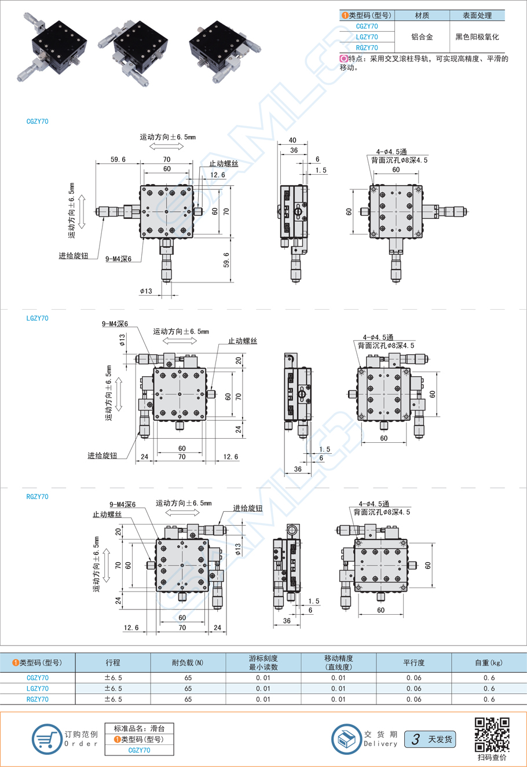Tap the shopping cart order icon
pyautogui.click(x=46, y=739)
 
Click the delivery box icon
pyautogui.click(x=346, y=739)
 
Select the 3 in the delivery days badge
pyautogui.click(x=415, y=739)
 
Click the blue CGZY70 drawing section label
pyautogui.click(x=38, y=122)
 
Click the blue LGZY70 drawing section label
pyautogui.click(x=38, y=318)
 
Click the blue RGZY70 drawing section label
pyautogui.click(x=38, y=497)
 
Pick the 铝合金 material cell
pyautogui.click(x=422, y=37)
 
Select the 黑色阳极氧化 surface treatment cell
pyautogui.click(x=477, y=37)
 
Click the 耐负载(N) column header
pyautogui.click(x=188, y=663)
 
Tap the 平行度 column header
pyautogui.click(x=413, y=663)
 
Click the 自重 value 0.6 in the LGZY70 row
pyautogui.click(x=489, y=688)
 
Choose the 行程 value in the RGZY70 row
pyautogui.click(x=113, y=699)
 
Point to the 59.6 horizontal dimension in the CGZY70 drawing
pyautogui.click(x=118, y=159)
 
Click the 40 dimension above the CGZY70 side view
pyautogui.click(x=292, y=140)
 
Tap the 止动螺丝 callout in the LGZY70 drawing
pyautogui.click(x=242, y=342)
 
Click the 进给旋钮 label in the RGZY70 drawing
pyautogui.click(x=247, y=508)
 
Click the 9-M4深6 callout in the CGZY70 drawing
pyautogui.click(x=118, y=259)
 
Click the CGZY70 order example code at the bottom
pyautogui.click(x=139, y=750)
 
